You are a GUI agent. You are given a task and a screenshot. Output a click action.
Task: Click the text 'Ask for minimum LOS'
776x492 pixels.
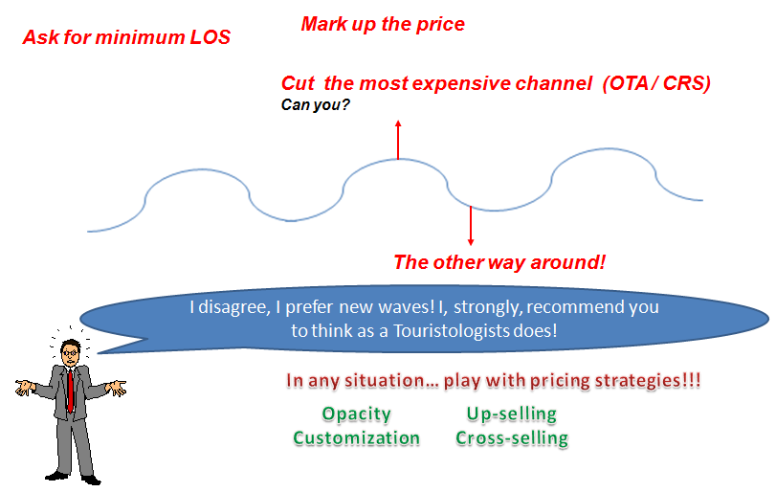(126, 37)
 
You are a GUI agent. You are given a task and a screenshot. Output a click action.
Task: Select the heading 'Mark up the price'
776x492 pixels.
(383, 24)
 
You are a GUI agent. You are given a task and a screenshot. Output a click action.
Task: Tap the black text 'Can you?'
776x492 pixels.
(315, 105)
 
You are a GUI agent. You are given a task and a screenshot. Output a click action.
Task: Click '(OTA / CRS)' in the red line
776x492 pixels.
(656, 83)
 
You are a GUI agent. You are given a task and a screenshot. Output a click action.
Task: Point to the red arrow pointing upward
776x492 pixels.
(398, 140)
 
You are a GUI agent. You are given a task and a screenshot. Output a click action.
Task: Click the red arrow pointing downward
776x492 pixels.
(471, 226)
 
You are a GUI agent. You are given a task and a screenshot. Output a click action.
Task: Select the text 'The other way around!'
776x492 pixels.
(499, 262)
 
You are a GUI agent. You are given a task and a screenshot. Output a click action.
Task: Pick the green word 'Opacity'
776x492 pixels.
(356, 414)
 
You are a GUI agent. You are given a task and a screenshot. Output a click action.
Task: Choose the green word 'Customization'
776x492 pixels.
(356, 438)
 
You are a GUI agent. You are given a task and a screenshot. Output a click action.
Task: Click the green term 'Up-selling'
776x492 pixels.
(512, 414)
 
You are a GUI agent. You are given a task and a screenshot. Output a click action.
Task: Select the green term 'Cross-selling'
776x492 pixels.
(512, 438)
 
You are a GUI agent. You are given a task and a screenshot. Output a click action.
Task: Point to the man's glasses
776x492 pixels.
(71, 352)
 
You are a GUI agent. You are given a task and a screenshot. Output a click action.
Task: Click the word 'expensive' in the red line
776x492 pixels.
(461, 83)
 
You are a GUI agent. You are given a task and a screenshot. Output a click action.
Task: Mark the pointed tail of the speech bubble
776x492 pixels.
(99, 353)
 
